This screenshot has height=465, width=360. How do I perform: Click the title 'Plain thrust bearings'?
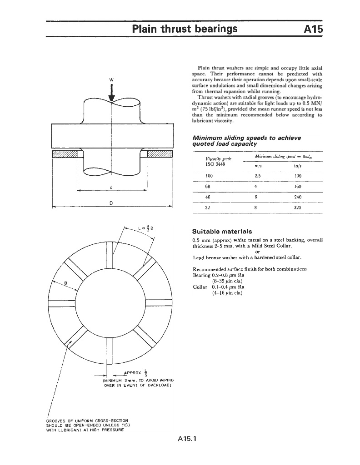(x=185, y=29)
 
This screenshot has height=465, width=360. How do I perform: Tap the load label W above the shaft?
(x=111, y=80)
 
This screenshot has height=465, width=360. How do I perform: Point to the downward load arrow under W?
(x=111, y=93)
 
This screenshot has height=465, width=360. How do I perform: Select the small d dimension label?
(x=111, y=188)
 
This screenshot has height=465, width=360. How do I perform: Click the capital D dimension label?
(x=111, y=203)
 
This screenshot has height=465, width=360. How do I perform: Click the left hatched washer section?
(x=65, y=154)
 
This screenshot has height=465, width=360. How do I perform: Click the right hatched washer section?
(x=159, y=154)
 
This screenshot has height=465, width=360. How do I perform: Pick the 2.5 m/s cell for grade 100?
(x=257, y=174)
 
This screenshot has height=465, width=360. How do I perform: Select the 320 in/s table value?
(x=298, y=208)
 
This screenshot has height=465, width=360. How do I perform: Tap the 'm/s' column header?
(x=258, y=166)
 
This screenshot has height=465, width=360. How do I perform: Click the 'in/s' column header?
(x=298, y=166)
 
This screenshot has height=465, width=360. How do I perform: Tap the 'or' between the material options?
(x=258, y=252)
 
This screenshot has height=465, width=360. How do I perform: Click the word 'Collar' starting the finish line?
(x=200, y=287)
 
